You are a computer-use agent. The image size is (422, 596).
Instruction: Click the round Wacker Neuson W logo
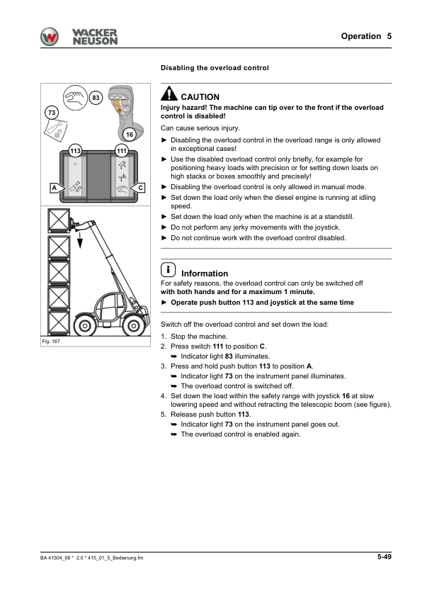tap(50, 37)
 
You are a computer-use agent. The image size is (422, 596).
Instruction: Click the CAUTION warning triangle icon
tap(169, 94)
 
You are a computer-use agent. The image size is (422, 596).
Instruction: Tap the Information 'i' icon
tap(168, 269)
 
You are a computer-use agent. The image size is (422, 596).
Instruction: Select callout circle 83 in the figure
tap(96, 98)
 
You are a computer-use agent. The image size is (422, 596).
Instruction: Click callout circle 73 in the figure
tap(52, 113)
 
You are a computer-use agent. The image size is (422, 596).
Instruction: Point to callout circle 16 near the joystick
tap(130, 134)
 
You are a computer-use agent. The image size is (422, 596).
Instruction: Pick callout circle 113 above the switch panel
tap(75, 151)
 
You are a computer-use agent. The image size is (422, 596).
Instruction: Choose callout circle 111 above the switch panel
tap(122, 151)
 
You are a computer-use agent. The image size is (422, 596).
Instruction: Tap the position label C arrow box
tap(137, 187)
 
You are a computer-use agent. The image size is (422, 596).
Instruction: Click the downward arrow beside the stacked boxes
tap(80, 240)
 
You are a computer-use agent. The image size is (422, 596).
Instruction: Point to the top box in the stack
tap(59, 220)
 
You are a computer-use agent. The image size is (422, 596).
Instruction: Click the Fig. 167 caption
tap(51, 342)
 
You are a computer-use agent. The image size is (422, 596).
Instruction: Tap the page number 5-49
tap(384, 557)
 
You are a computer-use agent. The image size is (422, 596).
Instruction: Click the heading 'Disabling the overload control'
tap(215, 68)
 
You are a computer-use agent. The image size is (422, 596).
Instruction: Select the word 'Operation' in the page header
tap(361, 36)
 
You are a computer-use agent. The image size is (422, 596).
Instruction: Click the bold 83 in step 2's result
tap(229, 356)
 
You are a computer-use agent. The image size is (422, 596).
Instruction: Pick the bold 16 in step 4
tap(346, 396)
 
